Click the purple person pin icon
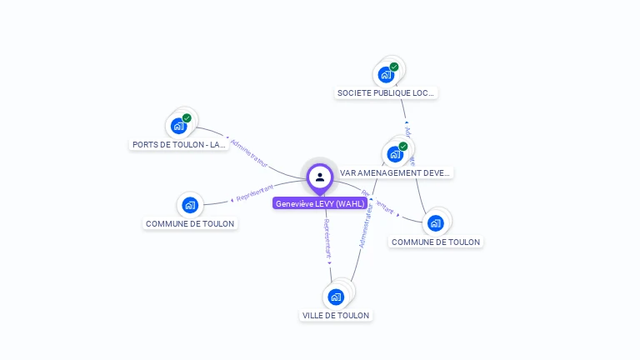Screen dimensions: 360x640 point(320,177)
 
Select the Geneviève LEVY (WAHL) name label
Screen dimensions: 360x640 point(320,203)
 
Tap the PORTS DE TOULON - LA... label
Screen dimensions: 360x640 point(179,144)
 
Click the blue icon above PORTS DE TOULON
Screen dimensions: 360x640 point(177,126)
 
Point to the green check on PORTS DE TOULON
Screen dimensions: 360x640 point(187,118)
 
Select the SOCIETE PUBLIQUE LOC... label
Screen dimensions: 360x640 point(386,93)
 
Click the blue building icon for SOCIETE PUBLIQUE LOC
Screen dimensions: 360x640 point(386,75)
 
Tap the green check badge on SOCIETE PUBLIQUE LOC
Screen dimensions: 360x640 point(394,67)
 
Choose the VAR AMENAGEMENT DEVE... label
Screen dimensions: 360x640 point(395,173)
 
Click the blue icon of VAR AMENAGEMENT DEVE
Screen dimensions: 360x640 point(395,154)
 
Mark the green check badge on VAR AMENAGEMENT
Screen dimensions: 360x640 point(403,147)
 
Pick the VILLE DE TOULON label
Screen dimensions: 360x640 point(336,315)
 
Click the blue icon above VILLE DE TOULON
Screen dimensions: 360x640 point(336,297)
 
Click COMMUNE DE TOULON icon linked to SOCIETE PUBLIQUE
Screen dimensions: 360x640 point(435,223)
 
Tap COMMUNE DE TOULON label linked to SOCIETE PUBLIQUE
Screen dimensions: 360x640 point(436,242)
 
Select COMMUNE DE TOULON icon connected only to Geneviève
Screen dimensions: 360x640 point(190,205)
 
